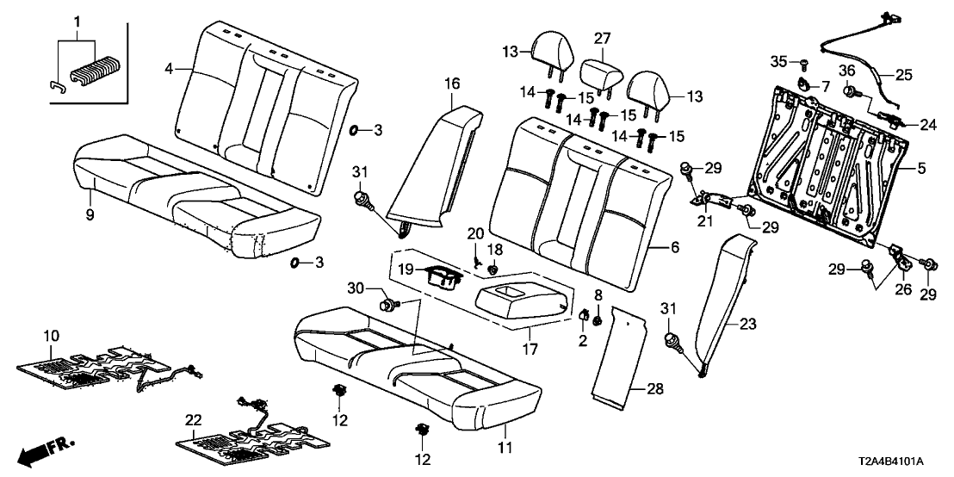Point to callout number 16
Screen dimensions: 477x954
452,84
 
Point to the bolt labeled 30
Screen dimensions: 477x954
390,303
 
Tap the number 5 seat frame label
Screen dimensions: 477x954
921,169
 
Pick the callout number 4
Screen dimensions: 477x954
170,65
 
